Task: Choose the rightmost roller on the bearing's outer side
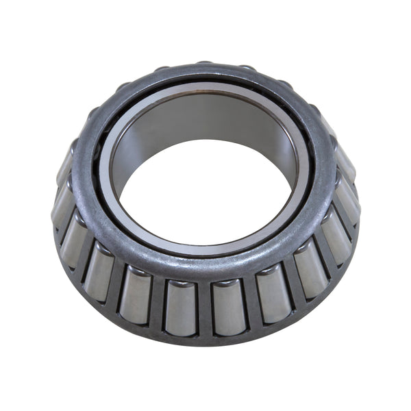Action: [349, 199]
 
